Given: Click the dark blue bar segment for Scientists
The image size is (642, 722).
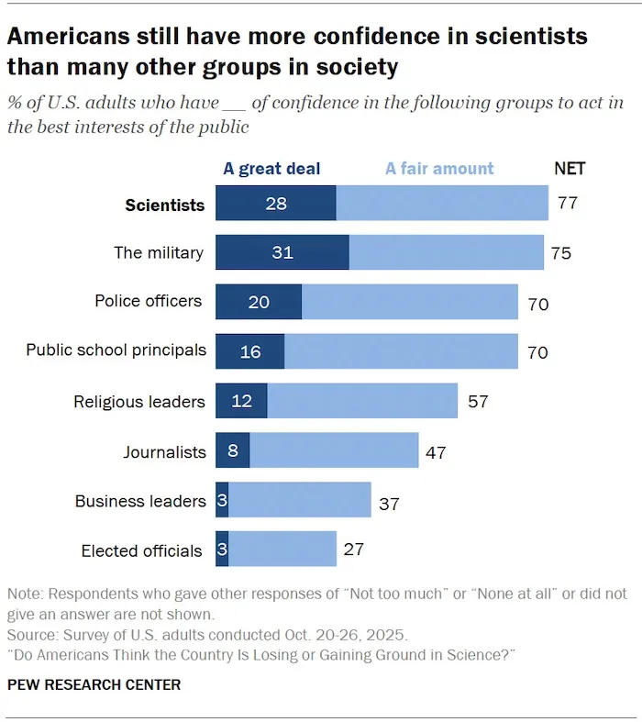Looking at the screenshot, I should pyautogui.click(x=275, y=203).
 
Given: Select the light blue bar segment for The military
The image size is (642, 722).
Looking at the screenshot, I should pyautogui.click(x=446, y=252).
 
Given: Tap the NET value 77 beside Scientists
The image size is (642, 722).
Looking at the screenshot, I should pyautogui.click(x=568, y=203).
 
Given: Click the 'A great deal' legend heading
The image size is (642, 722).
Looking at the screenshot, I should pyautogui.click(x=271, y=169).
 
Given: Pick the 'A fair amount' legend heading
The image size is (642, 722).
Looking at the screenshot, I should pyautogui.click(x=439, y=169).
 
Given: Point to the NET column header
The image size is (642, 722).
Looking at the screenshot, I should pyautogui.click(x=570, y=169).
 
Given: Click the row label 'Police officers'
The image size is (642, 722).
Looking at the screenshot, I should pyautogui.click(x=149, y=301).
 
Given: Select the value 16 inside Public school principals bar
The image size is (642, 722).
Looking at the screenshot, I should pyautogui.click(x=249, y=351).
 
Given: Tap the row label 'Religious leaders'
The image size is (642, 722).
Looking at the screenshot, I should pyautogui.click(x=138, y=401).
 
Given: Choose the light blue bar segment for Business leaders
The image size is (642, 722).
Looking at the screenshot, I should pyautogui.click(x=300, y=501).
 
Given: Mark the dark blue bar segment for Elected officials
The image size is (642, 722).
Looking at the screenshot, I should pyautogui.click(x=222, y=550).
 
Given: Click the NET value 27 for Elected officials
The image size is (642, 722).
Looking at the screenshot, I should pyautogui.click(x=354, y=550).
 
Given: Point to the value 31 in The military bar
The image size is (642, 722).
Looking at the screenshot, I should pyautogui.click(x=282, y=252).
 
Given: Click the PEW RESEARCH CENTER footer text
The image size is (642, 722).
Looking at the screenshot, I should pyautogui.click(x=94, y=684).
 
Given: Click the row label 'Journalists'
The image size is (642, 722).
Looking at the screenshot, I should pyautogui.click(x=164, y=451).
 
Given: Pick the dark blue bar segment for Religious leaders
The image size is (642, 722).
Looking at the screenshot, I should pyautogui.click(x=241, y=401).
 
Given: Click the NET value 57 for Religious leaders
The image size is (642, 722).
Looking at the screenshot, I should pyautogui.click(x=478, y=401).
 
